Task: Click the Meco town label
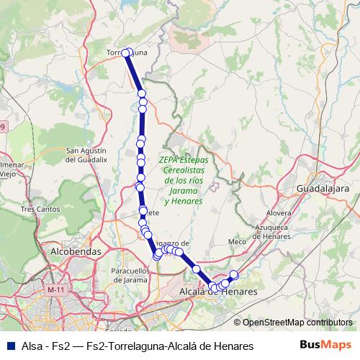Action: coord(237,242)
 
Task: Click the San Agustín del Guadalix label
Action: coord(87,155)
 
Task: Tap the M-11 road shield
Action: coord(55,289)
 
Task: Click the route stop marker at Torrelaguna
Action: coord(126,53)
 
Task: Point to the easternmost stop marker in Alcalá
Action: coord(233,274)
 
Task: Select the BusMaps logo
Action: coord(325,346)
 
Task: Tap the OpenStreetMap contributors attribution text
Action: coord(297,323)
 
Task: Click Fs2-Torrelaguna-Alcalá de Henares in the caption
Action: coord(169,346)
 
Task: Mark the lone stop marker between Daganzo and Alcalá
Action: coord(196,269)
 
